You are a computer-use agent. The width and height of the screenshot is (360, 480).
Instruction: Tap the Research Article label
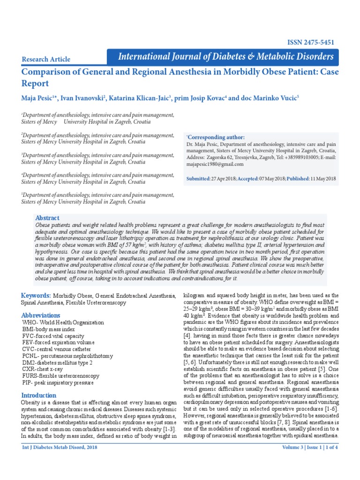tap(46, 59)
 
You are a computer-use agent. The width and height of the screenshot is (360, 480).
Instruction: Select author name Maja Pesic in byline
tap(37, 98)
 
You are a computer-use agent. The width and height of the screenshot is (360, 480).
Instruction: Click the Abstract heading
tap(47, 218)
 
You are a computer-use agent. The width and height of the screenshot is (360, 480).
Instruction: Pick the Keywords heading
tap(36, 296)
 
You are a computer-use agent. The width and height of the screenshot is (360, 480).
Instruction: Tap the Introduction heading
tap(38, 395)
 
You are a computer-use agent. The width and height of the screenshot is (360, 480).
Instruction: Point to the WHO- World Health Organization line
tap(63, 323)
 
